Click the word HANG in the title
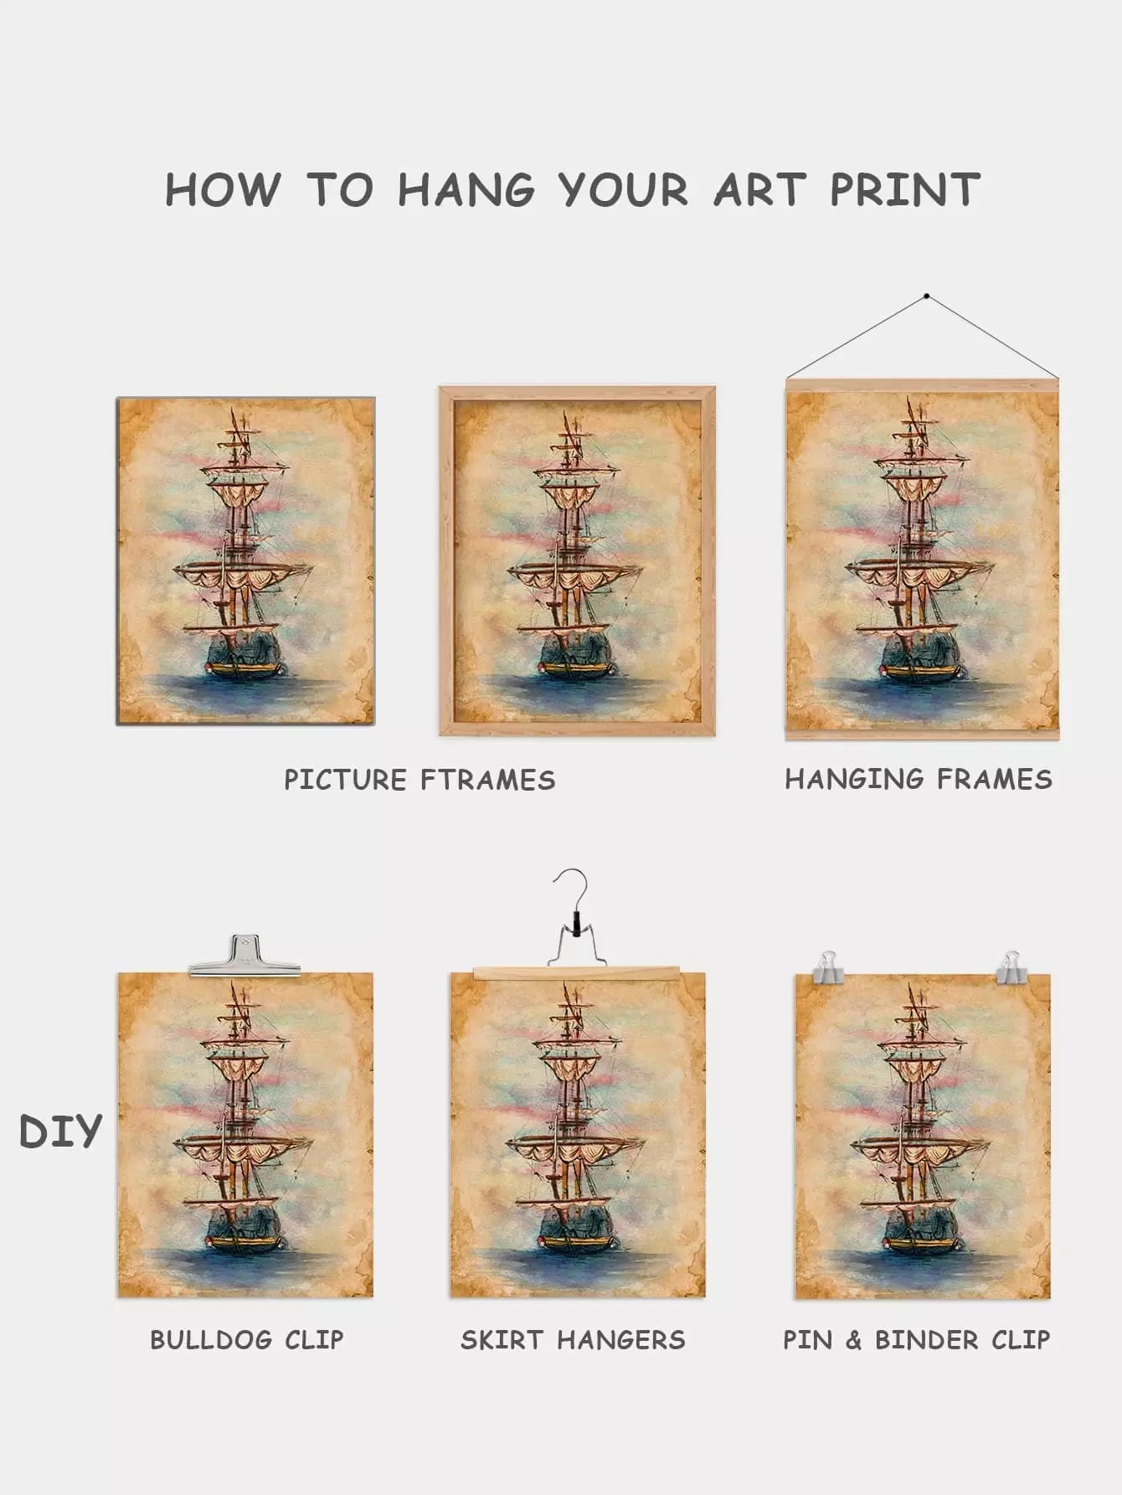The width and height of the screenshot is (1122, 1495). tap(466, 189)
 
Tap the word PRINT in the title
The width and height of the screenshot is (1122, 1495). tap(904, 189)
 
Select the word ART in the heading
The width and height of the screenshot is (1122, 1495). tap(759, 189)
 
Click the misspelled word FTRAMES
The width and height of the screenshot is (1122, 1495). tap(487, 780)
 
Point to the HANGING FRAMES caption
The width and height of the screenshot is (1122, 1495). tap(919, 779)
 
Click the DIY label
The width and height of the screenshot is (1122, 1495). tap(60, 1132)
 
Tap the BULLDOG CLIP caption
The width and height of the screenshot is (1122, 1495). tap(247, 1339)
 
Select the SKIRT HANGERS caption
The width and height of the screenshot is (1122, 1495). tap(573, 1339)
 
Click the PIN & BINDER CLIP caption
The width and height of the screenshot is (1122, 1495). tap(916, 1339)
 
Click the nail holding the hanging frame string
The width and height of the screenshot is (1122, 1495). tap(926, 296)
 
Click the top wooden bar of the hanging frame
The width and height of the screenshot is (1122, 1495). tap(922, 385)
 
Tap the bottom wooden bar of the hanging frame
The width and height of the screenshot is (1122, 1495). tap(922, 735)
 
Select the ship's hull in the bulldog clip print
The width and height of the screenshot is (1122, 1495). tap(244, 1229)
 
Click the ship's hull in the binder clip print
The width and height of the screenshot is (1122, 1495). tap(922, 1229)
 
